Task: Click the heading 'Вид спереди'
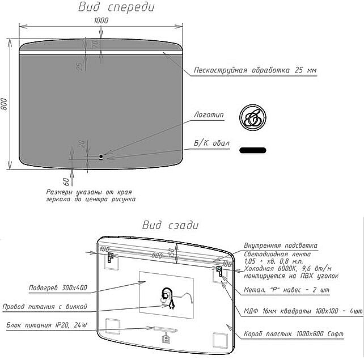[x=116, y=7]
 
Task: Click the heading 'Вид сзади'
[x=170, y=225]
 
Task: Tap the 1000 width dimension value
[x=101, y=20]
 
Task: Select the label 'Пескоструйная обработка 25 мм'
[x=255, y=70]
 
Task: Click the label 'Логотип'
[x=209, y=115]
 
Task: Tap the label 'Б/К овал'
[x=211, y=143]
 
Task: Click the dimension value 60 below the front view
[x=66, y=181]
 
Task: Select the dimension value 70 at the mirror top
[x=95, y=43]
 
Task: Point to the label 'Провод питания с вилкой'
[x=45, y=307]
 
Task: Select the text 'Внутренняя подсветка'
[x=280, y=245]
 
